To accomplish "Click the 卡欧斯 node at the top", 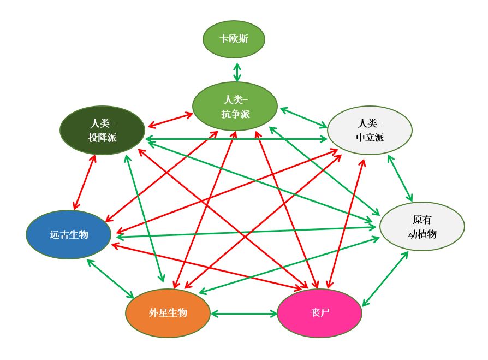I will (234, 39).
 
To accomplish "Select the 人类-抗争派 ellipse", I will (235, 106).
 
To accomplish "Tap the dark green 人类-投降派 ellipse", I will (102, 130).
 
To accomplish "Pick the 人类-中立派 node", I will (370, 130).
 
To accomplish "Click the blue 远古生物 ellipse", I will (69, 234).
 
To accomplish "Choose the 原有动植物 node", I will (422, 226).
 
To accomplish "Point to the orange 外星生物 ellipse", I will (168, 313).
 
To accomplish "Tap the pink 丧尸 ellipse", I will (319, 313).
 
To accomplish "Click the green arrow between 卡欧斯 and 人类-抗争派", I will (237, 72).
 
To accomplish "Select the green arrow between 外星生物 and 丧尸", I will (244, 314).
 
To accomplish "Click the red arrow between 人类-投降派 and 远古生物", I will (84, 182).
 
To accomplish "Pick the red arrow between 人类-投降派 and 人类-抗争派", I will (169, 119).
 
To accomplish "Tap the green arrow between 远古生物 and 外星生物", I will (110, 279).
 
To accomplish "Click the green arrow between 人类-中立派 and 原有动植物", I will (400, 178).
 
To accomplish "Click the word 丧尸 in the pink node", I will (319, 313).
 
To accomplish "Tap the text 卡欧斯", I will (234, 39).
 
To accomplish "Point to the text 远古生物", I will (69, 235).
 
